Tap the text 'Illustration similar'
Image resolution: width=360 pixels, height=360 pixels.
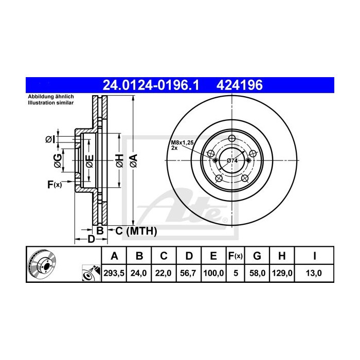click(x=50, y=103)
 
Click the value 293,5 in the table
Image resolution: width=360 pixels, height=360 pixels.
click(x=115, y=274)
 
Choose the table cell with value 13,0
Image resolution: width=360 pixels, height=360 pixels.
click(x=314, y=274)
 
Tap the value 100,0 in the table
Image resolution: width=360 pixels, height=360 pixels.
click(x=213, y=274)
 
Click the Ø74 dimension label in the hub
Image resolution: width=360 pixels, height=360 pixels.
click(x=232, y=161)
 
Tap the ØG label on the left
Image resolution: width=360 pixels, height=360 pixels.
click(x=58, y=160)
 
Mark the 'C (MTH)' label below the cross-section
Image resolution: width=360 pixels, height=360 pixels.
click(x=132, y=231)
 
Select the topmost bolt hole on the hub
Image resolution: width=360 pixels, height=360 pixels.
click(x=231, y=138)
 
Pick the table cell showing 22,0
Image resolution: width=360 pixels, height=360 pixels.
click(x=164, y=274)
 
